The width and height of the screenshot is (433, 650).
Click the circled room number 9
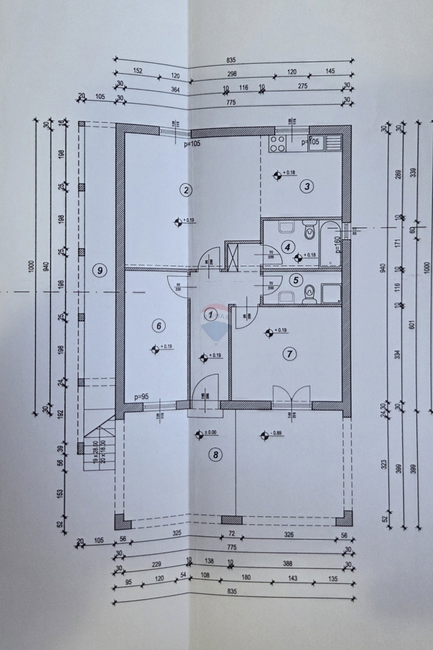(100, 270)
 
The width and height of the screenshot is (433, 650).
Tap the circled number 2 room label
(186, 190)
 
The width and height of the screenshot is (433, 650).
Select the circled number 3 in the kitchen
(307, 187)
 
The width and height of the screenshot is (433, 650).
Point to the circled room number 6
(158, 326)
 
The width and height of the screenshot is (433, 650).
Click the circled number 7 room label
(290, 354)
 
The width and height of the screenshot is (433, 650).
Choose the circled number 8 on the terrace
(215, 454)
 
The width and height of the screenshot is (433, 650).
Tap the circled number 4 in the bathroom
(288, 246)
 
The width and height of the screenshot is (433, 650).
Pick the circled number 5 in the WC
(295, 280)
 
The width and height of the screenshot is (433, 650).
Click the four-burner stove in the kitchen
(277, 143)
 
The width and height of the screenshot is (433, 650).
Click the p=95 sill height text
(142, 397)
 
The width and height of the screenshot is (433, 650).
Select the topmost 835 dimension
(232, 60)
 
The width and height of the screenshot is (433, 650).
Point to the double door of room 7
(292, 397)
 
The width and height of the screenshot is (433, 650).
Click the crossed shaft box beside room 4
(232, 256)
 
